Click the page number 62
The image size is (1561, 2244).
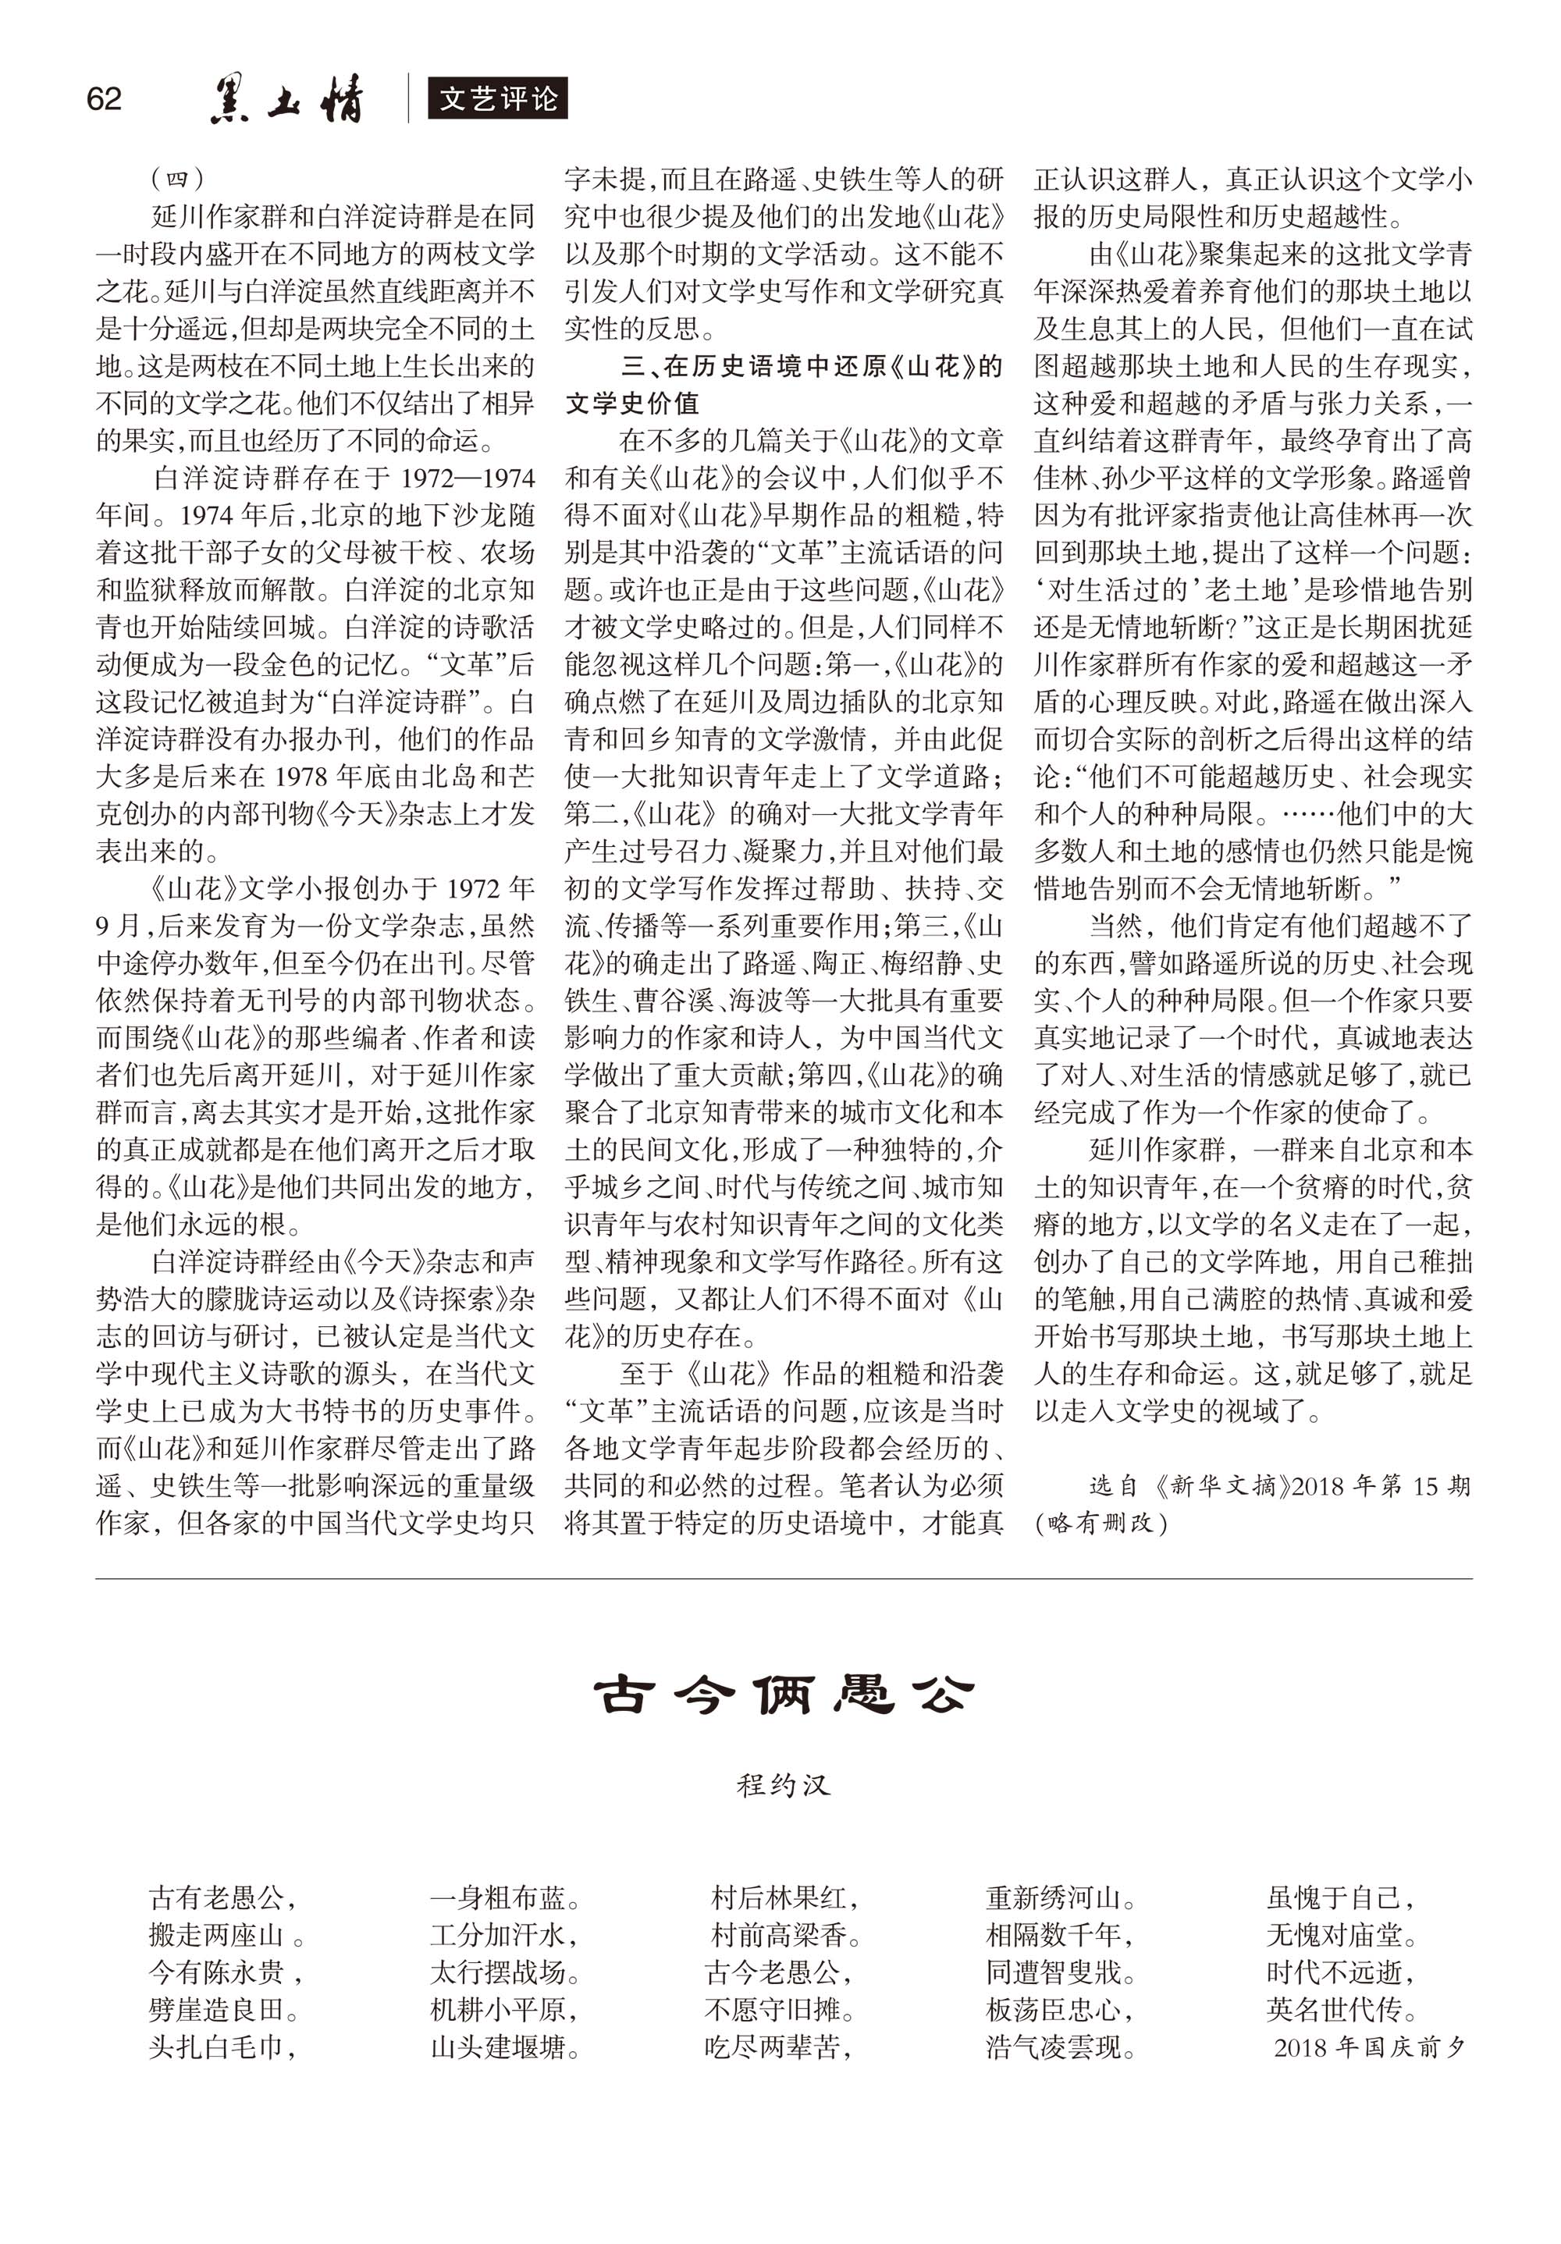pos(104,98)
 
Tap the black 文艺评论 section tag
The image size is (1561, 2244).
pos(497,98)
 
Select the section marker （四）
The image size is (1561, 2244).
pos(178,179)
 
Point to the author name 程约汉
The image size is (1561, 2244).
pos(783,1784)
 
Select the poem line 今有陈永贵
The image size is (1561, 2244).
pos(225,1972)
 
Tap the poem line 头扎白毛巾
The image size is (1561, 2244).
pos(223,2047)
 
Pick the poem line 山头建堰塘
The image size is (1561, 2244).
pos(505,2047)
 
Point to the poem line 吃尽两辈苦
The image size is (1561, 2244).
pos(779,2047)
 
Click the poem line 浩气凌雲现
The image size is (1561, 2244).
pos(1061,2047)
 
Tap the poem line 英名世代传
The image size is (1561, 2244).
pos(1342,2009)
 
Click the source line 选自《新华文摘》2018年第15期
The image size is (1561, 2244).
pos(1279,1485)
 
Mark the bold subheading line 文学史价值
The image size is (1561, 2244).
pos(631,403)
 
